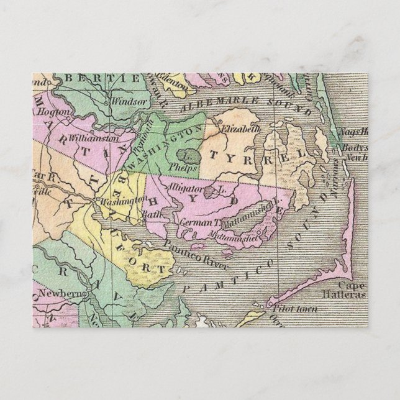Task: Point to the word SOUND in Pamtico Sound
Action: (306, 222)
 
